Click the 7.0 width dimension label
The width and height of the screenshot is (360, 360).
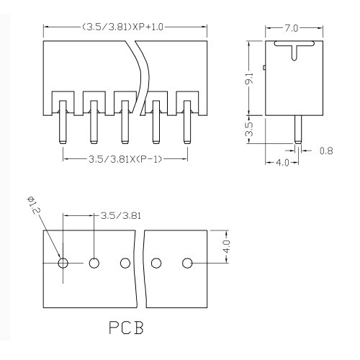tap(291, 28)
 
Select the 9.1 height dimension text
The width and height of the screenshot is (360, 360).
tap(250, 78)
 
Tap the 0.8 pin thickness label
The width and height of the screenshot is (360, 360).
tap(326, 150)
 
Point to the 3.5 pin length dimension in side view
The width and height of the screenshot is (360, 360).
tap(250, 130)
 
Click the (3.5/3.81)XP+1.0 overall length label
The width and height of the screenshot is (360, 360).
tap(122, 27)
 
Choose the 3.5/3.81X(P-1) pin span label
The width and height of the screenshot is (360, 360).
tap(125, 159)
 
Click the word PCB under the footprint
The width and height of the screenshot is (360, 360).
tap(127, 328)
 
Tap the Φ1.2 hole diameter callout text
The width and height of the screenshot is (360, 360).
tap(34, 206)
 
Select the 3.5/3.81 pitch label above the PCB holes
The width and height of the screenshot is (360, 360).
tap(121, 216)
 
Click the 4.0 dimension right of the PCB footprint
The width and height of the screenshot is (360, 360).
tap(227, 246)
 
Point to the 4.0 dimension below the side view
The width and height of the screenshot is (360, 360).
tap(282, 163)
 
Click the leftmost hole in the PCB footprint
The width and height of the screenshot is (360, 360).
tap(63, 264)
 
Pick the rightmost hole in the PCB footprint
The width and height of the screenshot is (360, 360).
tap(187, 264)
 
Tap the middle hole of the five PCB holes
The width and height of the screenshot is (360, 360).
tap(125, 264)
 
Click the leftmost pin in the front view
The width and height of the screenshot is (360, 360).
tap(63, 122)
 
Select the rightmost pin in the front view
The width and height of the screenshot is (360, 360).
tap(187, 122)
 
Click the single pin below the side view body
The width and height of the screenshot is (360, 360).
tap(298, 130)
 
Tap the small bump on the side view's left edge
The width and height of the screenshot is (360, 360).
tap(264, 68)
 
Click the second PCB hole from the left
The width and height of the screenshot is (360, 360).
tap(94, 264)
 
